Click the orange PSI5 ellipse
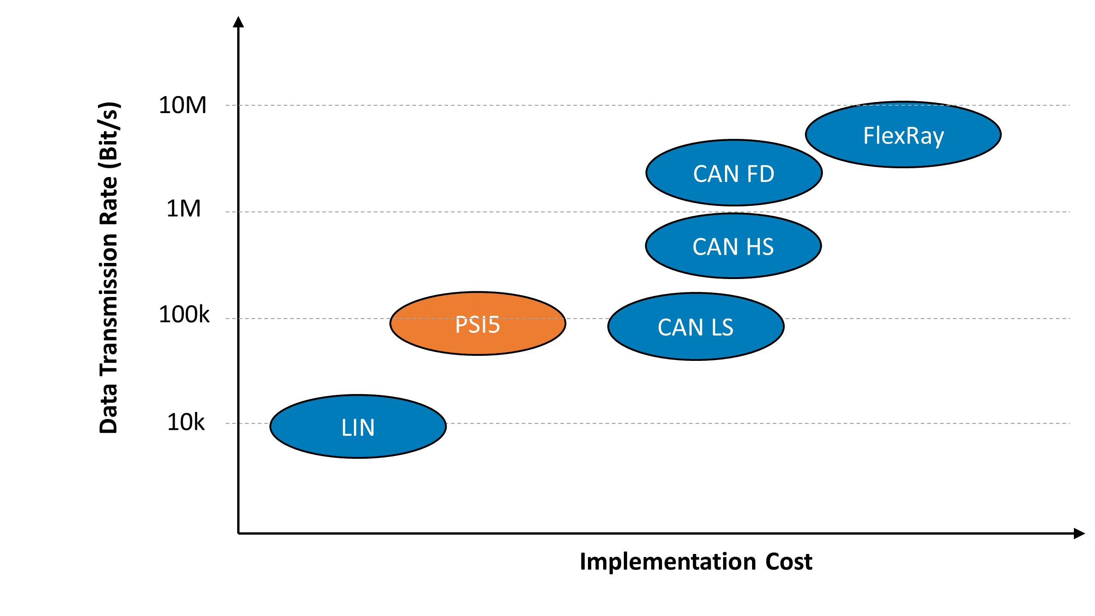[x=478, y=324]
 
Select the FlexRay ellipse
[x=903, y=135]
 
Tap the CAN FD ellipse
[x=734, y=173]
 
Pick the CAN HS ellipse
[x=733, y=246]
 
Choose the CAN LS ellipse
[x=696, y=326]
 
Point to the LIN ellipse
[x=358, y=427]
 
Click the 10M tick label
[x=182, y=105]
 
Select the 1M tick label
[x=183, y=209]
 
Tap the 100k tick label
[x=184, y=315]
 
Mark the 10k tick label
[x=185, y=422]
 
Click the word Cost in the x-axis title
[x=789, y=562]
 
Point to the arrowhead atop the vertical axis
[x=238, y=22]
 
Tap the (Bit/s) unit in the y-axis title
[x=109, y=136]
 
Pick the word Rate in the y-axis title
[x=109, y=200]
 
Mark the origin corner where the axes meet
[x=238, y=533]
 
